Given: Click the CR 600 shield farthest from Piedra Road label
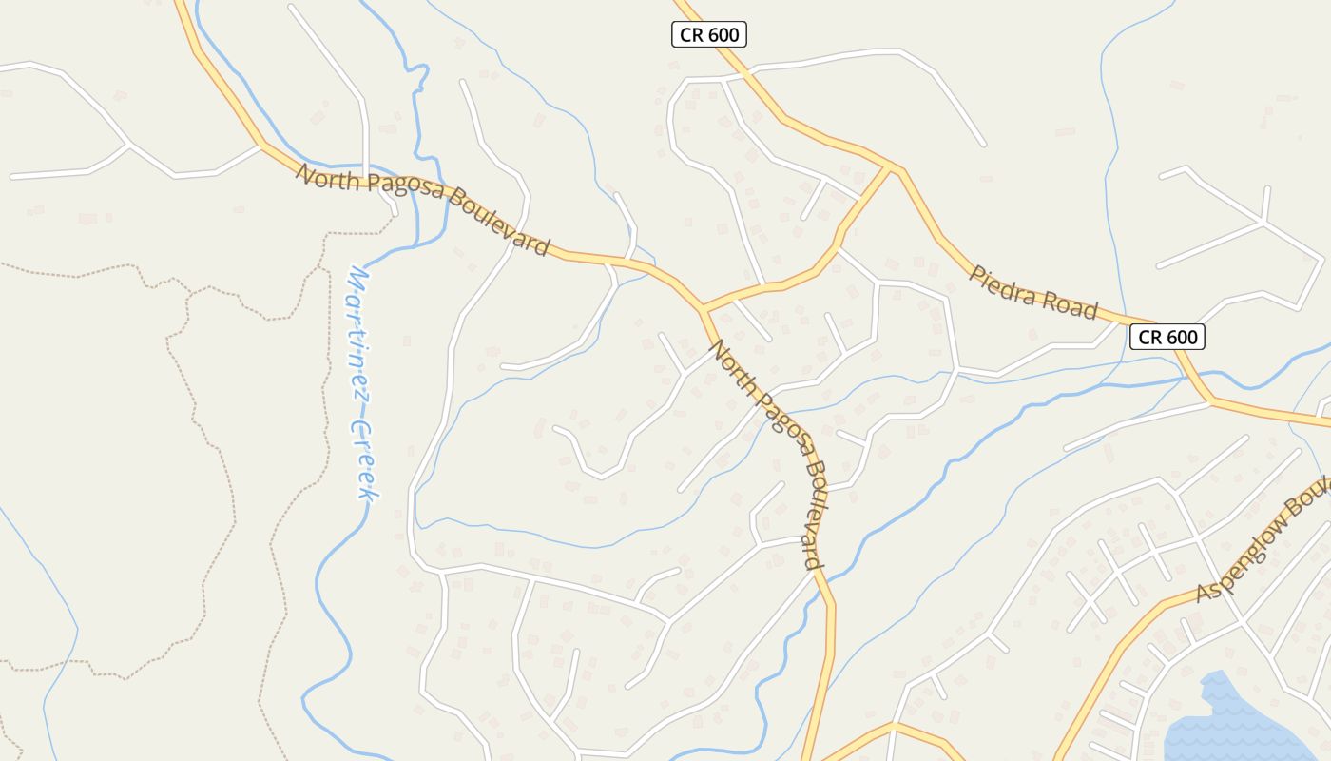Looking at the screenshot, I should click(709, 35).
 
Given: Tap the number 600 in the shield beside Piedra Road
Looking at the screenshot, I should click(1179, 337).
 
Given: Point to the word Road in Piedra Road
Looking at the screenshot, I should click(1069, 304).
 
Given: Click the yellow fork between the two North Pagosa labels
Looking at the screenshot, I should click(704, 309).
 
